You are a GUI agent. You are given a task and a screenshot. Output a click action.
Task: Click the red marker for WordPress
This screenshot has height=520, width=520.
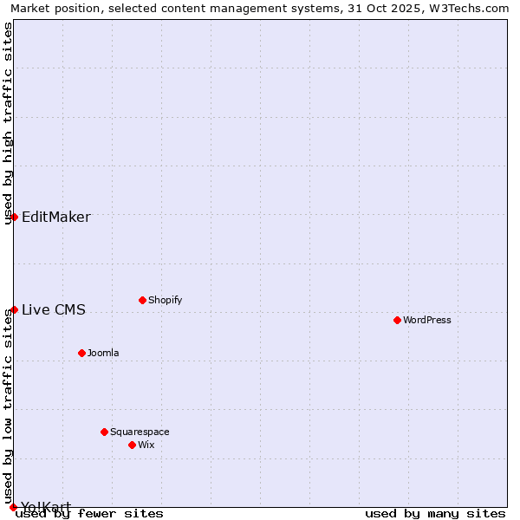click(x=397, y=320)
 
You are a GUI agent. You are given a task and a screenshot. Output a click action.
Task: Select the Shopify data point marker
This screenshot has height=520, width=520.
click(x=142, y=300)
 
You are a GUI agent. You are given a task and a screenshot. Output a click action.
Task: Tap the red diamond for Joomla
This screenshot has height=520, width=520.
click(x=81, y=353)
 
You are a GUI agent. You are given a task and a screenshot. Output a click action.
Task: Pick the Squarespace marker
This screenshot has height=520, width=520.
click(x=104, y=432)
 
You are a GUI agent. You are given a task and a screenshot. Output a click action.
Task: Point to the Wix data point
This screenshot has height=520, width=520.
click(x=132, y=445)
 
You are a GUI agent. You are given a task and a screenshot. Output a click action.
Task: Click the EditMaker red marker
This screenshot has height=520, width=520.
click(x=14, y=217)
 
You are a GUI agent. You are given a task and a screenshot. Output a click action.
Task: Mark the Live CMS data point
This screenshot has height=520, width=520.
click(x=14, y=309)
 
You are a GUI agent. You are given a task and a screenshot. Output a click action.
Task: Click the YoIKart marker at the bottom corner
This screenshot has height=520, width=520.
click(x=13, y=507)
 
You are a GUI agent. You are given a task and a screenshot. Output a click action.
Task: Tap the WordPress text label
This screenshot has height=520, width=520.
click(x=427, y=320)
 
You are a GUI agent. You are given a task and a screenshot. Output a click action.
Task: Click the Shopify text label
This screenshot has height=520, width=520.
click(x=165, y=300)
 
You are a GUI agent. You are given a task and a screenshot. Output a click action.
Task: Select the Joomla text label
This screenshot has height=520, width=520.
click(x=103, y=353)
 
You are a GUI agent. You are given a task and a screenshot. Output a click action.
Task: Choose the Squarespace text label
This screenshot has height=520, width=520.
click(x=140, y=432)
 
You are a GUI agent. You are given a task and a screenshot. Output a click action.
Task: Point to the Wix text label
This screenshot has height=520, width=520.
click(x=146, y=445)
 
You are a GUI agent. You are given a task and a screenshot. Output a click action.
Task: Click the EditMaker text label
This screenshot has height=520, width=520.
click(x=56, y=217)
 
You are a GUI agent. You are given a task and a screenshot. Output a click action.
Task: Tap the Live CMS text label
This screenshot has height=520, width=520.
click(x=54, y=309)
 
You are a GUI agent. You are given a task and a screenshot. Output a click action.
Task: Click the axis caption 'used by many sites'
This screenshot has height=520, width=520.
click(x=435, y=513)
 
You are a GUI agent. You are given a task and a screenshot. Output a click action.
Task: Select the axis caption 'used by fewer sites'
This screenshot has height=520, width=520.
click(x=89, y=513)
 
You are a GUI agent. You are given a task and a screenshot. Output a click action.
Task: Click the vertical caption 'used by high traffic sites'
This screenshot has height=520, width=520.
click(x=8, y=123)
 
